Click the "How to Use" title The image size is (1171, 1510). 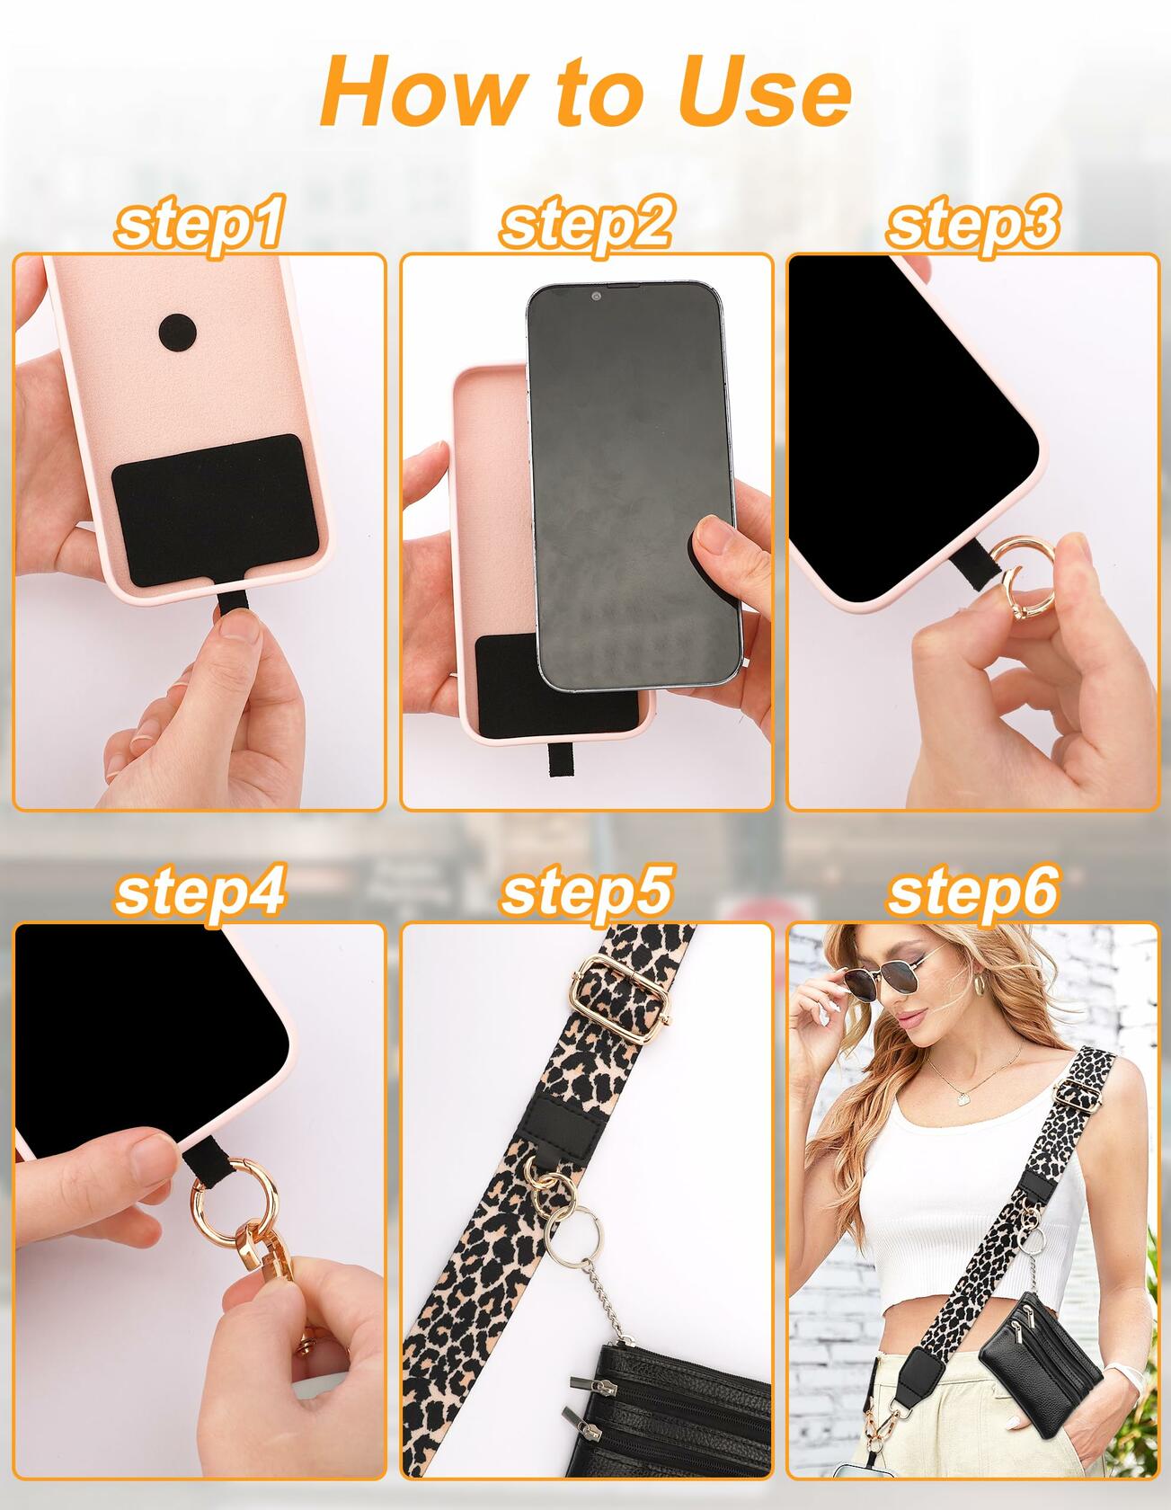tap(585, 91)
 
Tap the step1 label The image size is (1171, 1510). tap(200, 222)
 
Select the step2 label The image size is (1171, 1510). tap(585, 222)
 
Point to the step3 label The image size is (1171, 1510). tap(972, 222)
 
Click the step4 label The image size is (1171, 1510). tap(200, 891)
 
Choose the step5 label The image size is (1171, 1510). tap(585, 891)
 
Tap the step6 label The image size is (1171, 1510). tap(972, 891)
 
